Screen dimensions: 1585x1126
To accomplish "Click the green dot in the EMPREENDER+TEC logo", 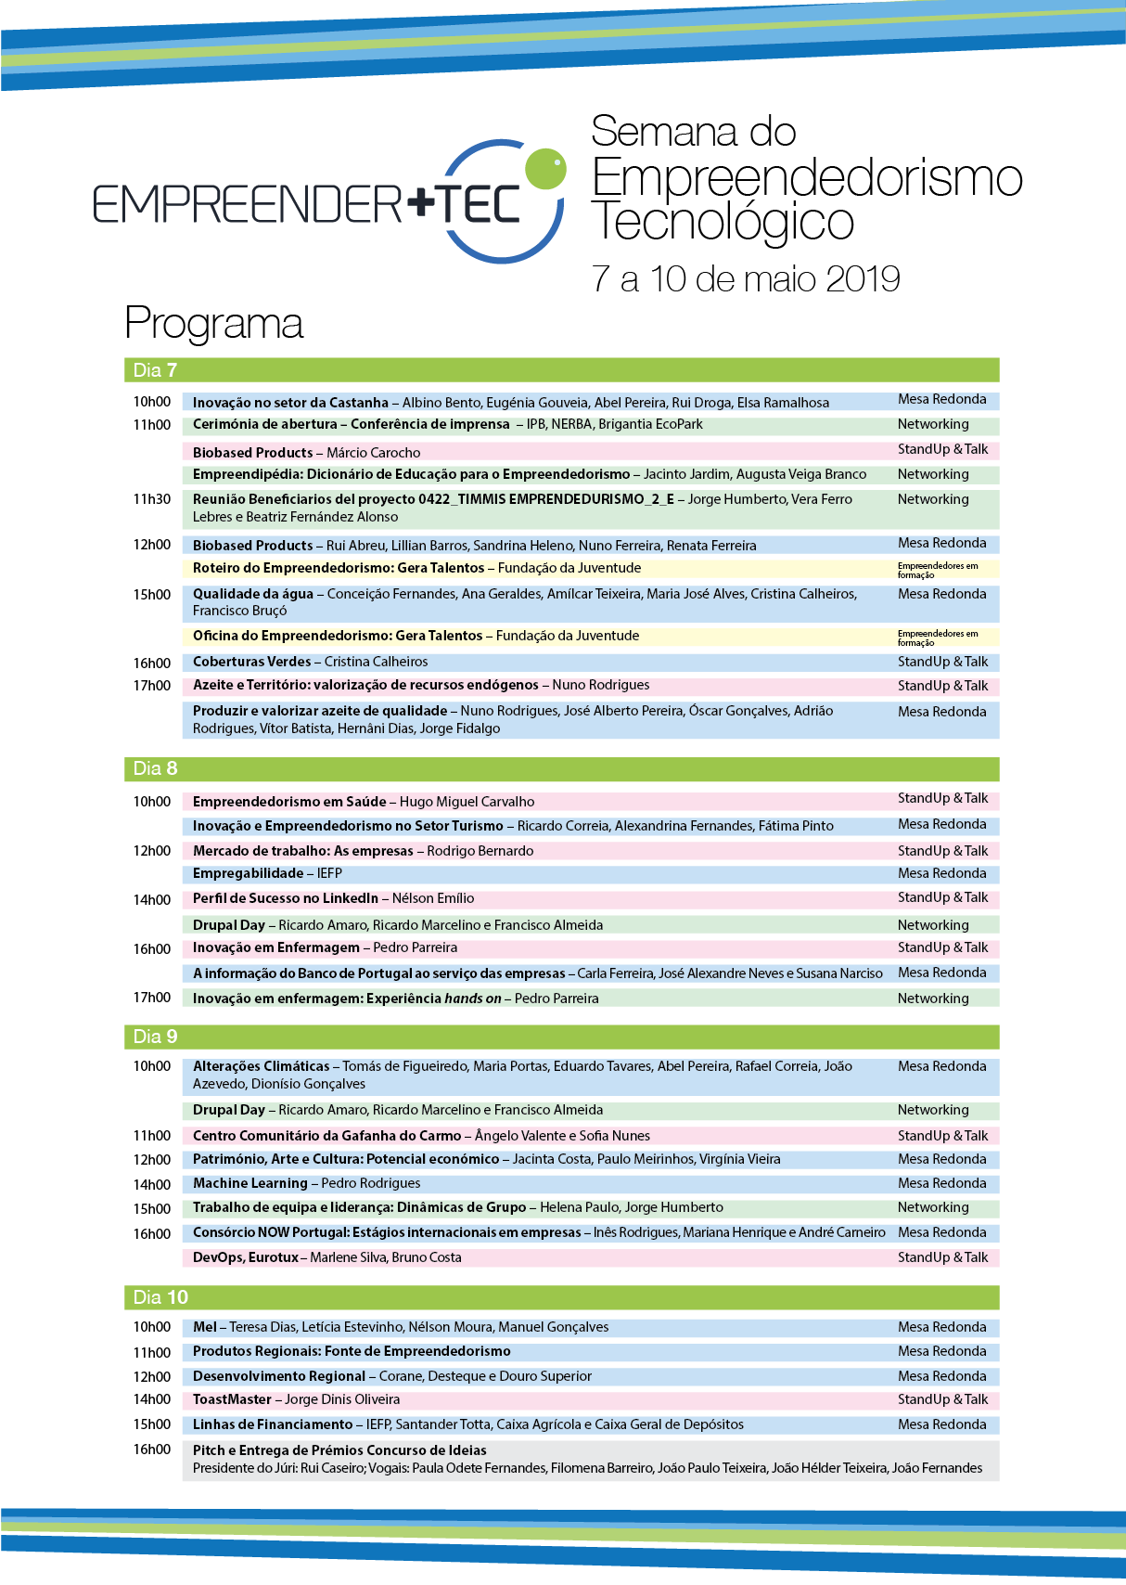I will (545, 168).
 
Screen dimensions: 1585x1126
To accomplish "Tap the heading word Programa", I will (213, 323).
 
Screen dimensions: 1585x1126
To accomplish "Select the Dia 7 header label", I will (155, 370).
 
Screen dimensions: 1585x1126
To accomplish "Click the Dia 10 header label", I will (160, 1297).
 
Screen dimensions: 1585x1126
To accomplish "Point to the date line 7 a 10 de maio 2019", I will (746, 278).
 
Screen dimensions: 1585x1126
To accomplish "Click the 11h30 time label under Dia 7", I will (152, 499).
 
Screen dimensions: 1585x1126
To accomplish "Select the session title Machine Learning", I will (250, 1183).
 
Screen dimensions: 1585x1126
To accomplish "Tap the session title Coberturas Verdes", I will (251, 662).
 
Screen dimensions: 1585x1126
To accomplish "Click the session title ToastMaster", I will (232, 1399).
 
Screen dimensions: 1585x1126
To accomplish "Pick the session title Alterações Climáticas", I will (261, 1066).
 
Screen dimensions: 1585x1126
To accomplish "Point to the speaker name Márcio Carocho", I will (373, 453).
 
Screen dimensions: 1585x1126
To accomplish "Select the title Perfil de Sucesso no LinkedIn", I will (285, 898).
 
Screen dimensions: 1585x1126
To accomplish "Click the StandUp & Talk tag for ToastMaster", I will (942, 1399).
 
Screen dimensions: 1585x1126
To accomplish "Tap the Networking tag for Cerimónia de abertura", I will (933, 424).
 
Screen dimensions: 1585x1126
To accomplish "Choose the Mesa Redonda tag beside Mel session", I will (941, 1327).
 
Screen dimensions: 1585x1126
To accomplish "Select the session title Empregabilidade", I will (248, 873).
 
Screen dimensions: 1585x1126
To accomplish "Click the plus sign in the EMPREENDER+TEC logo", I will (420, 201).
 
